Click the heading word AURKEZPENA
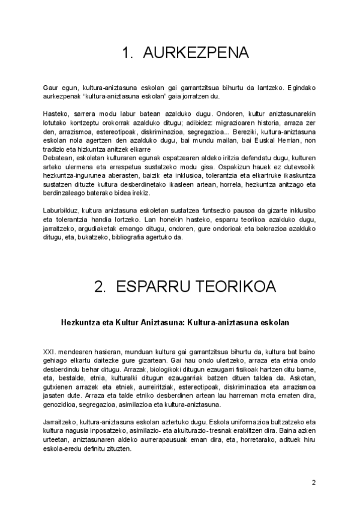[196, 53]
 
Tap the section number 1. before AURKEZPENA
[128, 53]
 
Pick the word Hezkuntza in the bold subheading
[82, 322]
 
